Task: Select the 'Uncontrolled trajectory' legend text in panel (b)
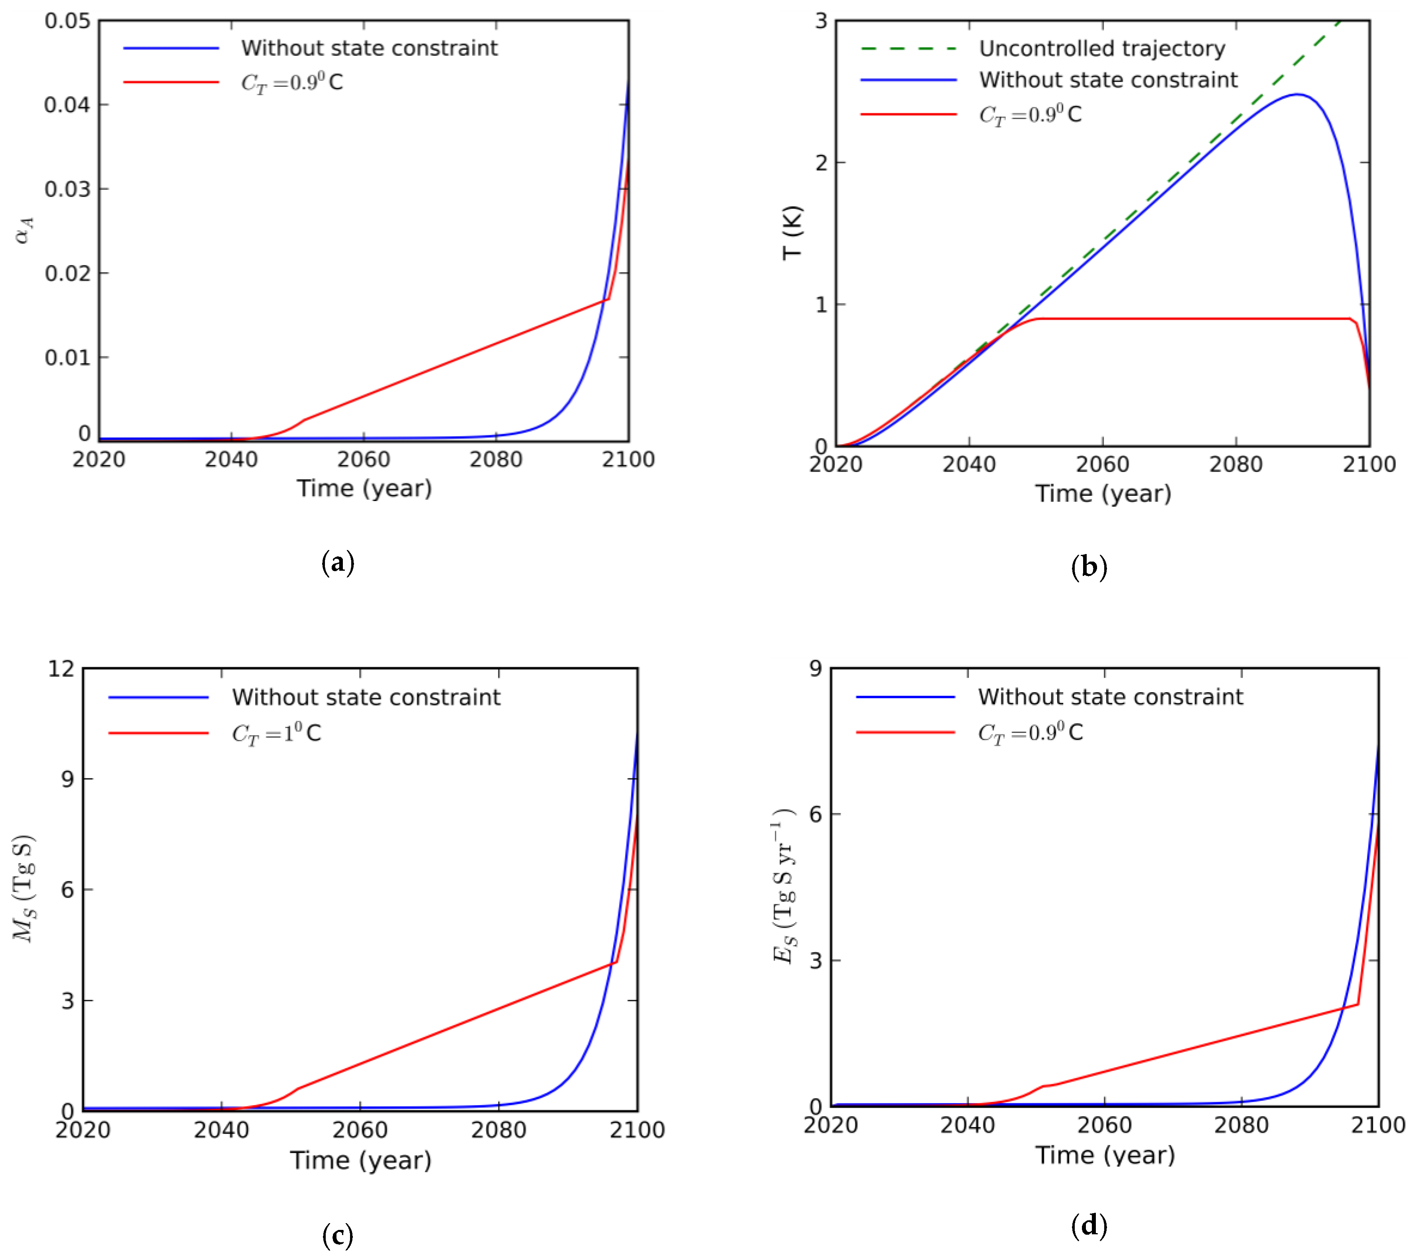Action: point(1102,49)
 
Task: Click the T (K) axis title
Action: point(792,233)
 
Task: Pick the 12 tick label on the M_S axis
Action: point(61,669)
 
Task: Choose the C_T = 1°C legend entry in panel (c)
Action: point(276,733)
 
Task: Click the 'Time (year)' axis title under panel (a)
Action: point(364,488)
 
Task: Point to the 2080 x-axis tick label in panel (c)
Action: point(498,1130)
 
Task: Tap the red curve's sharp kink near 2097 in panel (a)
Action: point(608,299)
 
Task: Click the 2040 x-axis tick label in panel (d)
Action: point(967,1125)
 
